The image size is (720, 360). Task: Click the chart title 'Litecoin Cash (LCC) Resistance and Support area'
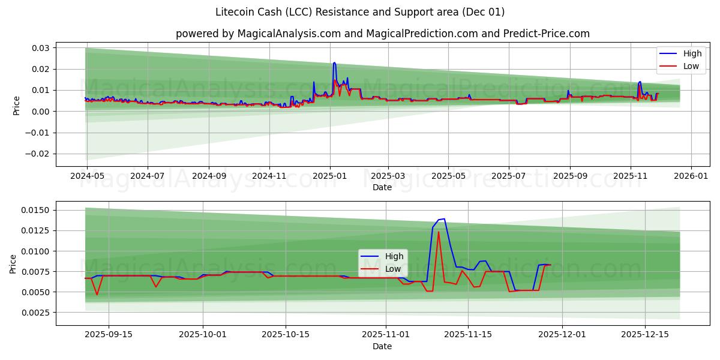pos(360,12)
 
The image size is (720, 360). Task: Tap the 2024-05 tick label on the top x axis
pos(87,176)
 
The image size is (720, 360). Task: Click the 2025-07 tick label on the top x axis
pos(509,176)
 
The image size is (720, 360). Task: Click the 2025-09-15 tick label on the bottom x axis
pos(109,335)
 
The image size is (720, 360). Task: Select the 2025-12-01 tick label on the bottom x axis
pos(562,335)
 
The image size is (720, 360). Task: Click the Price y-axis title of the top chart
pos(17,106)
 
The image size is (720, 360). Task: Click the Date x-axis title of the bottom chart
pos(382,346)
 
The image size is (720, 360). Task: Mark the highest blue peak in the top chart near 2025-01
pos(334,62)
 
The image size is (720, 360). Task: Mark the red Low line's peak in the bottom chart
pos(439,232)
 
